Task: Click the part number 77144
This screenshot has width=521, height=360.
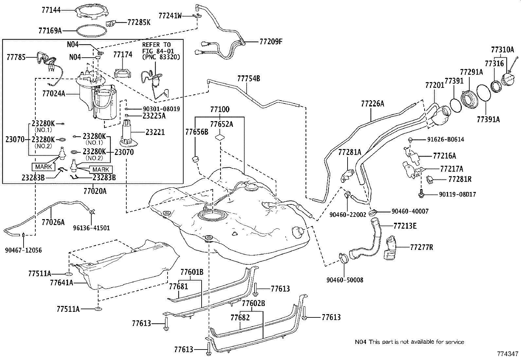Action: coord(51,10)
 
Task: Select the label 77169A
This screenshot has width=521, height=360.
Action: coord(50,30)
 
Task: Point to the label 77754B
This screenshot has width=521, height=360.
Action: coord(249,79)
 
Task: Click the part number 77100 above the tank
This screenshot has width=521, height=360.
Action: coord(220,109)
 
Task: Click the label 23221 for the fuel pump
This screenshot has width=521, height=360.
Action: coord(155,132)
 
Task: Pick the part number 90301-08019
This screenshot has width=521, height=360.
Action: coord(161,109)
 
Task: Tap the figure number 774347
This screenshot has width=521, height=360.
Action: coord(508,354)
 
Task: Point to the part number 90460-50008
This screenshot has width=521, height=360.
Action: coord(345,280)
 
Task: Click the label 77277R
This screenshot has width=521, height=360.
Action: coord(422,247)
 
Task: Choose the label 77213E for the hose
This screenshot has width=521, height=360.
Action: coord(405,226)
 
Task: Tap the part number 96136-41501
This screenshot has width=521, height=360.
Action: coord(91,228)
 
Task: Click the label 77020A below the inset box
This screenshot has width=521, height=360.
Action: coord(95,191)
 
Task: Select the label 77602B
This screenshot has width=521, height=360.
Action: coord(254,303)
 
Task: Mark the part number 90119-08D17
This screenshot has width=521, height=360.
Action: coord(458,194)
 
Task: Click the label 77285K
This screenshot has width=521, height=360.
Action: coord(139,22)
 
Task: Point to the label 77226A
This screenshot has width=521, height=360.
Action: coord(373,104)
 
